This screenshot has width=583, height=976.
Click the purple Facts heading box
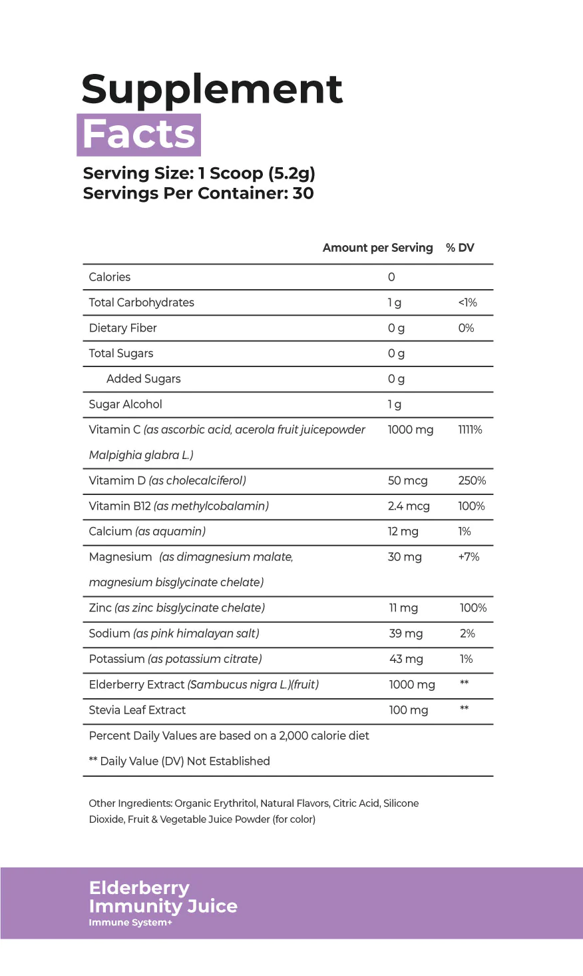coord(139,135)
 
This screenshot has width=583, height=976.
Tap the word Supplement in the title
coord(212,89)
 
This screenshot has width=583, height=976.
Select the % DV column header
coord(460,248)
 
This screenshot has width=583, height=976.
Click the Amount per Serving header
coord(377,248)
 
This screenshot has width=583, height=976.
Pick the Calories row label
coord(110,277)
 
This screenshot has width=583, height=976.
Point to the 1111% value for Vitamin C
coord(470,430)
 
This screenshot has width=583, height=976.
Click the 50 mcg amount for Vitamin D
coord(407,481)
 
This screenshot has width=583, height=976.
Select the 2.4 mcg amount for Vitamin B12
coord(409,506)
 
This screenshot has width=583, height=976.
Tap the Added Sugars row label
coord(143,379)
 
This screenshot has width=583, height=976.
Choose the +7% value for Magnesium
coord(469,557)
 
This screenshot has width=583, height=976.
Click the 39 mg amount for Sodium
coord(405,634)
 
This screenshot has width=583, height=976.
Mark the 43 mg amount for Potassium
coord(405,659)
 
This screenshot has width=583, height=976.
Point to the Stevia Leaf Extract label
coord(137,710)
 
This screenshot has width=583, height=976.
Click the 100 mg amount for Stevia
coord(408,710)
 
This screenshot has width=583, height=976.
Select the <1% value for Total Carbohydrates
coord(467,302)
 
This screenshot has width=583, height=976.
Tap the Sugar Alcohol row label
coord(125,404)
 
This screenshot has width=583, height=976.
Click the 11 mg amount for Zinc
coord(403,608)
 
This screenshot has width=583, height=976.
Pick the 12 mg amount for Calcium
coord(403,532)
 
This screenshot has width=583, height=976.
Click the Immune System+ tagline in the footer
coord(130,923)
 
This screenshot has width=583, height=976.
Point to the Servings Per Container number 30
coord(303,193)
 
